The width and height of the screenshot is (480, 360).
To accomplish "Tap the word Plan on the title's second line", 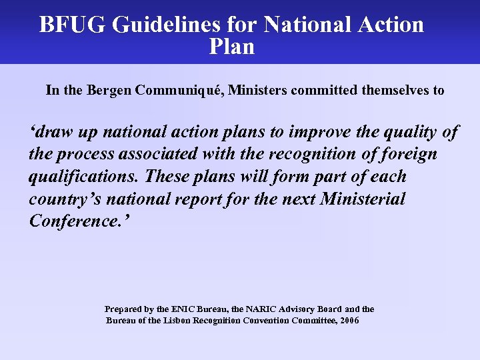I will (231, 47).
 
